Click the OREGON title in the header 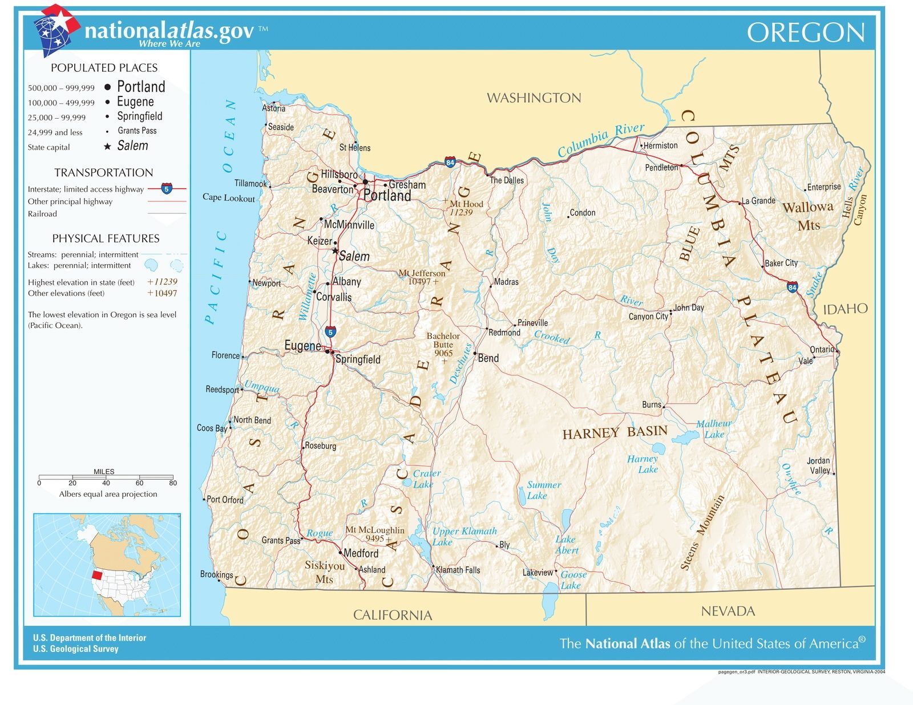point(805,33)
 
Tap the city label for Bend point(488,358)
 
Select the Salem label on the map point(354,257)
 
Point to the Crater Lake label point(426,479)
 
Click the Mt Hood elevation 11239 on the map point(460,213)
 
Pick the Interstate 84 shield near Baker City point(792,287)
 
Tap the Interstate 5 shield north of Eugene point(330,331)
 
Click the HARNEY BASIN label point(615,432)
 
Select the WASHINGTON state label point(534,98)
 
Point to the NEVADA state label point(728,611)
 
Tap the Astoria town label point(273,108)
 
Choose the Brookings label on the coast point(216,574)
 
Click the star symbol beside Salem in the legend point(107,147)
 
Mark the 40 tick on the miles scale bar point(106,483)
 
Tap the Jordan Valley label point(819,465)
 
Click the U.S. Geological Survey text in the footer point(76,649)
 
